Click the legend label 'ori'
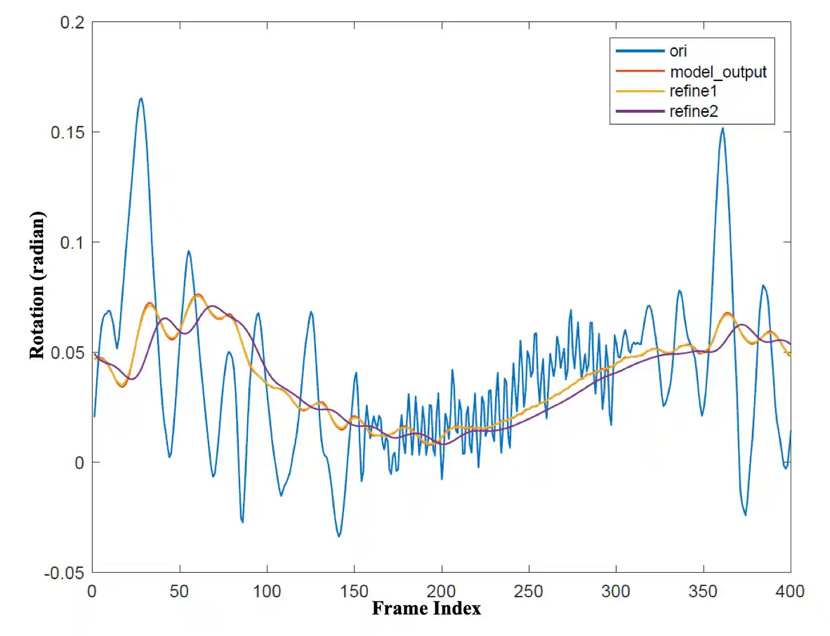point(678,51)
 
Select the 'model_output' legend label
point(718,72)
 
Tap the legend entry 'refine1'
point(693,91)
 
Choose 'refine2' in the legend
point(693,112)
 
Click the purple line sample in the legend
point(640,112)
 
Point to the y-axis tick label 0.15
point(67,132)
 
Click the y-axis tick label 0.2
point(72,23)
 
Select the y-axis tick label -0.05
point(64,573)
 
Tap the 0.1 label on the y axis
point(72,243)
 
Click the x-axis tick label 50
point(179,591)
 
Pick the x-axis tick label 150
point(354,591)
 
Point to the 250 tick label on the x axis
point(528,591)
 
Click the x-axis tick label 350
point(703,591)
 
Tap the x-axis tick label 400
point(789,591)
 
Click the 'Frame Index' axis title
point(426,609)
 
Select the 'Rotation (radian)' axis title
point(37,285)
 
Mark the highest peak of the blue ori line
point(141,99)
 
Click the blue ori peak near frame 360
point(723,128)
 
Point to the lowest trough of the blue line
point(339,536)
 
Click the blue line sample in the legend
point(640,51)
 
